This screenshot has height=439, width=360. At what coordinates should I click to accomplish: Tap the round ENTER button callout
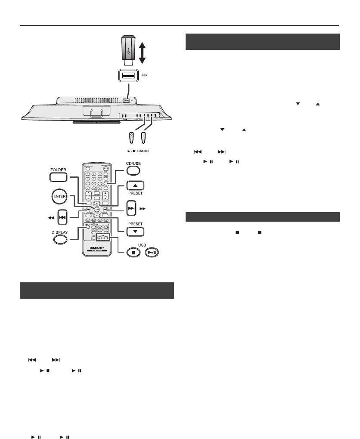[58, 196]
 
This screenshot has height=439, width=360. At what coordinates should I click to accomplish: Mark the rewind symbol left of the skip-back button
[50, 218]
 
